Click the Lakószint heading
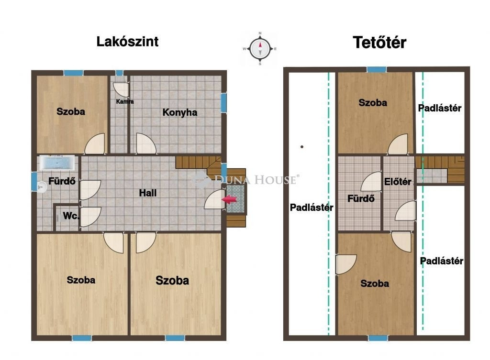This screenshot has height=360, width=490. tap(127, 42)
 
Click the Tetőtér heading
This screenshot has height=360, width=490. tap(379, 43)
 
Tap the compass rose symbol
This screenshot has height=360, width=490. tap(260, 49)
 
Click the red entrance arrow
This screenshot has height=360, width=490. tap(229, 199)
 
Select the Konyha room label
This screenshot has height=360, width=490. tap(180, 112)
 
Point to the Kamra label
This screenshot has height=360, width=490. tap(125, 101)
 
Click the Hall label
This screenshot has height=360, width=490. tap(148, 193)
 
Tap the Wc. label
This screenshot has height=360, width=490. tap(71, 216)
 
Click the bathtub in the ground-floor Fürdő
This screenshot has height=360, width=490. tap(56, 163)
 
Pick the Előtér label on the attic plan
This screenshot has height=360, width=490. tap(398, 182)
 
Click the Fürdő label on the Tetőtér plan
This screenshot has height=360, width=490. tap(361, 198)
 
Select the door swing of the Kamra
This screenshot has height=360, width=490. tap(121, 89)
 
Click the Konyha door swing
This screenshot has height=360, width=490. tap(146, 143)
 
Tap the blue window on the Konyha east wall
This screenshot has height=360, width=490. tap(223, 102)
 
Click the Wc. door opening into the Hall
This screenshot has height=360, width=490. tap(90, 217)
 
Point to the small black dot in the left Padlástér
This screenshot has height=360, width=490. tap(302, 147)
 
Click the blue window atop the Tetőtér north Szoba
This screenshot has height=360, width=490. tap(376, 69)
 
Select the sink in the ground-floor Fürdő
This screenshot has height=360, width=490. tap(41, 187)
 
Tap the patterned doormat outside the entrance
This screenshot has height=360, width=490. tap(235, 198)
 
